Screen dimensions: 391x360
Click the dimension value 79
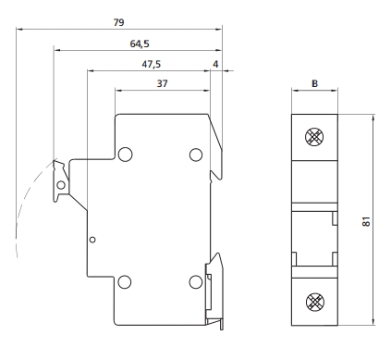pos(118,22)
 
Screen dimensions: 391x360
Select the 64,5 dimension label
pos(140,43)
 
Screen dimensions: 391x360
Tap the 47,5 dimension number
pos(152,64)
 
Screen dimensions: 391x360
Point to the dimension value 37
pos(163,83)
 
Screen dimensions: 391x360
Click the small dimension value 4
pos(215,64)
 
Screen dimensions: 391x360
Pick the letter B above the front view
pos(314,83)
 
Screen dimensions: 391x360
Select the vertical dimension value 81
pos(366,221)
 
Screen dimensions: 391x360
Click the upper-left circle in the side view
pos(125,155)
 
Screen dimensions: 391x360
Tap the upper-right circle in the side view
pos(196,155)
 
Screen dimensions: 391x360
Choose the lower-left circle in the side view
pos(125,281)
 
